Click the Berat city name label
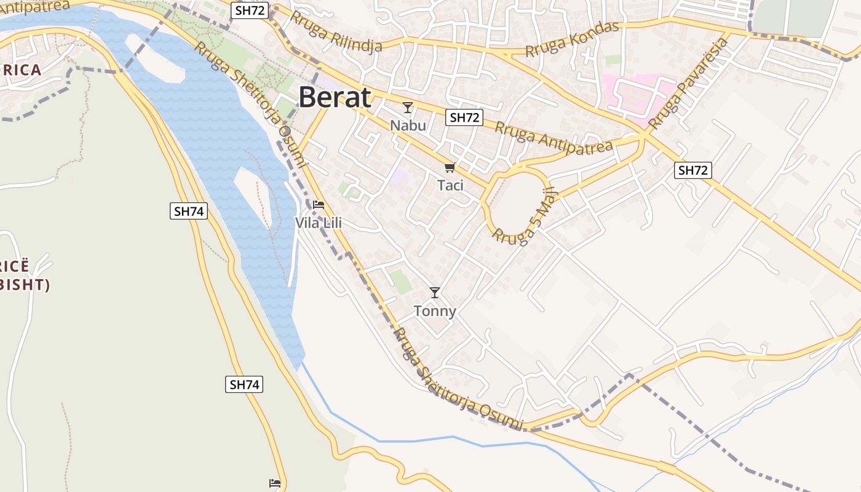(335, 98)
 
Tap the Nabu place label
(408, 125)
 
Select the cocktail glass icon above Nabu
(407, 108)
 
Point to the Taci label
(450, 185)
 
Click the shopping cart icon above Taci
(450, 167)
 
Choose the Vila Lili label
(319, 223)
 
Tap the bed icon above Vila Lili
(319, 205)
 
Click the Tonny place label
(435, 311)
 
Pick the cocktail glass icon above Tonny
(435, 293)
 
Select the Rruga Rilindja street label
(336, 31)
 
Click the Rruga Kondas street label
(572, 39)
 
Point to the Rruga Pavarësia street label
(688, 84)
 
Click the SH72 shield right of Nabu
(464, 117)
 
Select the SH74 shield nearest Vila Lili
(189, 212)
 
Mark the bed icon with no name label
(275, 483)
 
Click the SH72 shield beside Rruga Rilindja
(250, 10)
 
